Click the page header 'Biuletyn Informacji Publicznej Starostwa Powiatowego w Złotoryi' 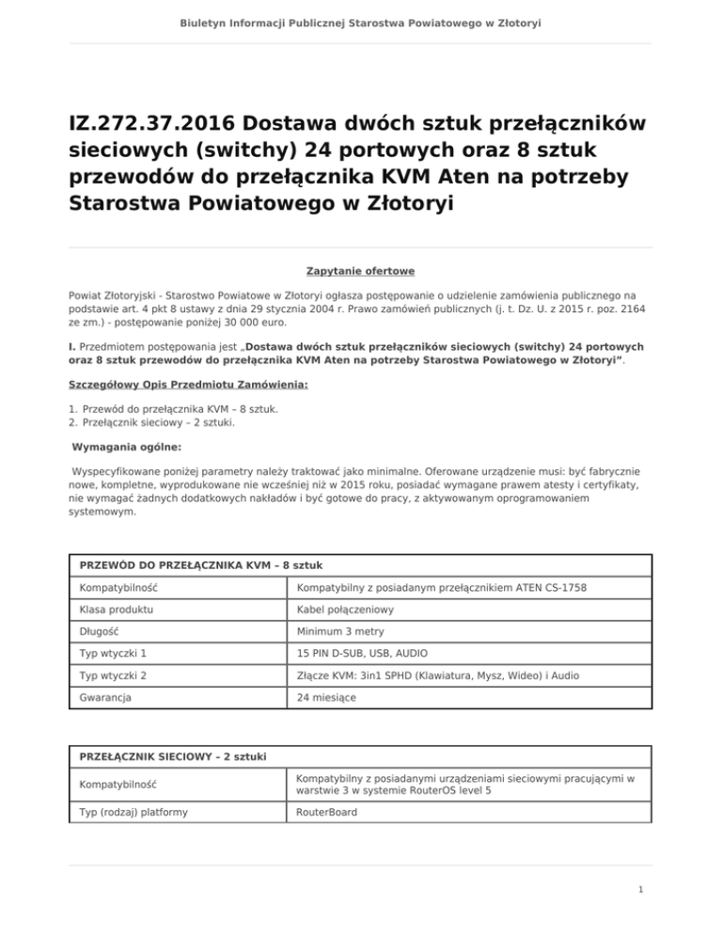[361, 22]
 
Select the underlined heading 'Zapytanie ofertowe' [361, 271]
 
